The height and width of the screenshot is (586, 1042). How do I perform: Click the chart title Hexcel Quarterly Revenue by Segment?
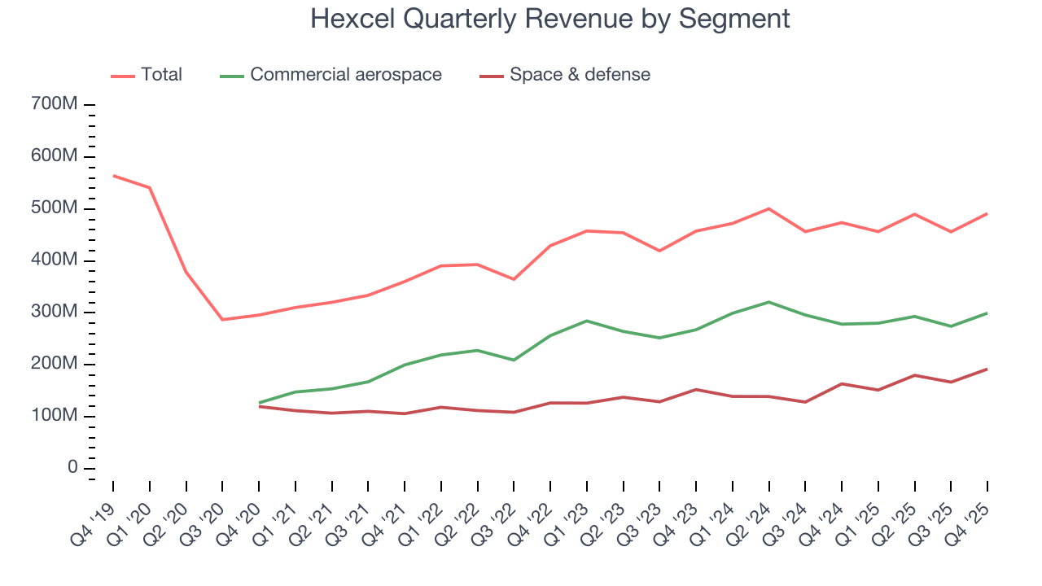[x=549, y=18]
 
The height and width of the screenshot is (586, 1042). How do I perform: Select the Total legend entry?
[x=161, y=75]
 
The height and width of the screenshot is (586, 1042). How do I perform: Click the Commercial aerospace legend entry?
[x=346, y=75]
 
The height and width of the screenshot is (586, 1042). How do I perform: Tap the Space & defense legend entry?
[x=580, y=75]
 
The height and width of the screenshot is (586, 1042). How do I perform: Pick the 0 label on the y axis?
[x=72, y=468]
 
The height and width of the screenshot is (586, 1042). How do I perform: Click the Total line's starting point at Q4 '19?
[x=113, y=176]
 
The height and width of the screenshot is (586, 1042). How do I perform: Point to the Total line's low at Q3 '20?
[x=222, y=319]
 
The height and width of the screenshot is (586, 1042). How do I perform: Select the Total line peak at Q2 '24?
[x=768, y=208]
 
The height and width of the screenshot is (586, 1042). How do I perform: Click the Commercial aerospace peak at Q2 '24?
[x=768, y=302]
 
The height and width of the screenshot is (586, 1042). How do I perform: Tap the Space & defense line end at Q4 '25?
[x=987, y=370]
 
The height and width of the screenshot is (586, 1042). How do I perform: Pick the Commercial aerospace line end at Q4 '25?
[x=987, y=313]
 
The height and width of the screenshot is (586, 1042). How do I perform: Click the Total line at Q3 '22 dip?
[x=514, y=279]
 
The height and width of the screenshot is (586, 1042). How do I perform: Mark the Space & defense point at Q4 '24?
[x=842, y=383]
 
